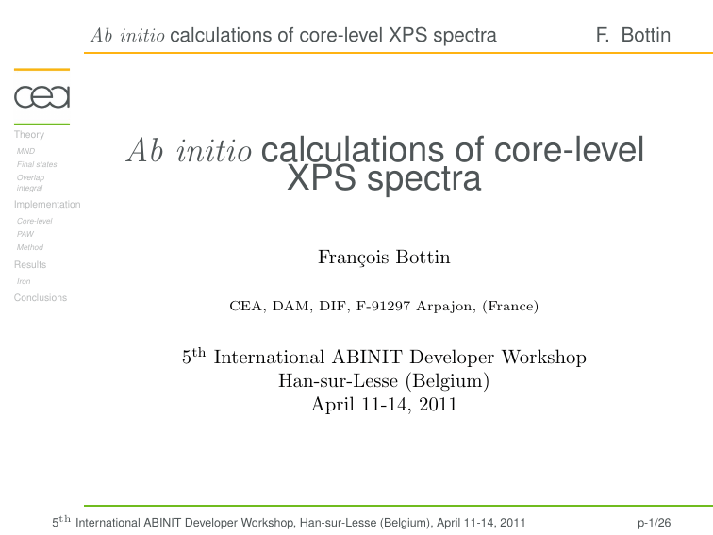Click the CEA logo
[41, 96]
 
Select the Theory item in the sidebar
[29, 135]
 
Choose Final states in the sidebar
[37, 164]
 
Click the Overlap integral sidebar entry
[30, 182]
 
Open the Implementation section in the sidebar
[47, 204]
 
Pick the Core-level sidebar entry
[35, 221]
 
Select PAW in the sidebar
[25, 234]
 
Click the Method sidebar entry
[30, 247]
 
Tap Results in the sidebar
[30, 264]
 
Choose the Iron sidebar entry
[24, 281]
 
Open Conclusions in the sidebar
[41, 297]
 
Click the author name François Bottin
[384, 257]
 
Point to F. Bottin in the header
[633, 36]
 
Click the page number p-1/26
[654, 522]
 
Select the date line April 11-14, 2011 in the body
[384, 405]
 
